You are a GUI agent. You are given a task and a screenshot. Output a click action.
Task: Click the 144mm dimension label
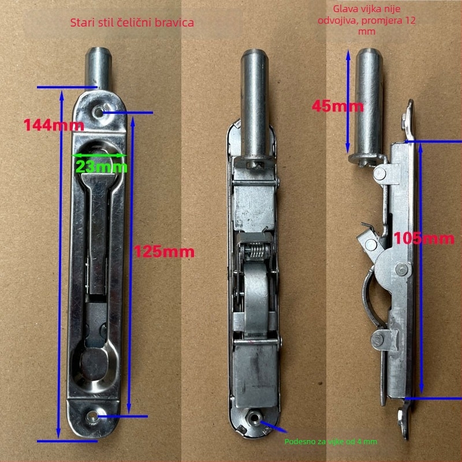[x=54, y=125]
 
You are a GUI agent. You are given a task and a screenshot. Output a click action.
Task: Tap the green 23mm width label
[x=102, y=167]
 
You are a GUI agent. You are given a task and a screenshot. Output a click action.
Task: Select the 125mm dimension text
[x=164, y=252]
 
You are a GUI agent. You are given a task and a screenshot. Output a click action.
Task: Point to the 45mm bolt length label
[x=338, y=106]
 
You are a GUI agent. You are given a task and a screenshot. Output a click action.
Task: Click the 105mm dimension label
[x=424, y=238]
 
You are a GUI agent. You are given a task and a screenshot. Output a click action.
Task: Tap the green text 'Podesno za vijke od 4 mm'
[x=330, y=441]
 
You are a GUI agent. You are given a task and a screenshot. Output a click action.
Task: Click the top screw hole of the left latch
[x=98, y=112]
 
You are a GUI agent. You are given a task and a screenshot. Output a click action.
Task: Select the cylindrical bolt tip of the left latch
[x=98, y=68]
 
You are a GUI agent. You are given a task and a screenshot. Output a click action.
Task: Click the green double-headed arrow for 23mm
[x=99, y=155]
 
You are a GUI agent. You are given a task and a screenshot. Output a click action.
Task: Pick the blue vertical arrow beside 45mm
[x=348, y=101]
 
